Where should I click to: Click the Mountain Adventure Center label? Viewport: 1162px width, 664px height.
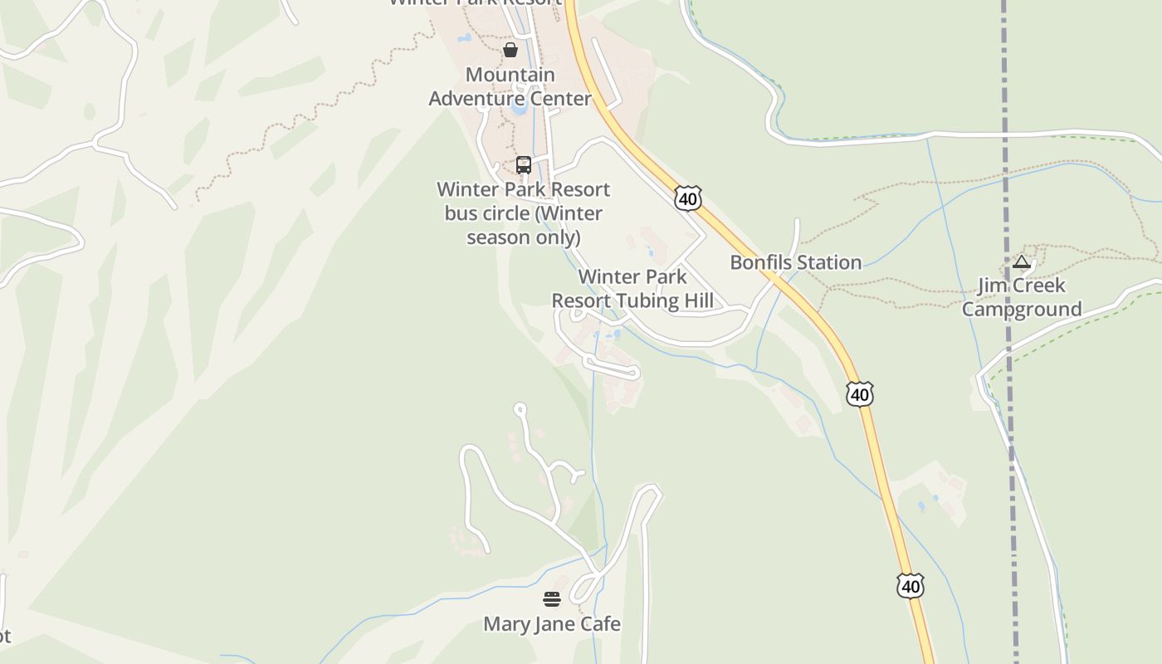click(x=510, y=86)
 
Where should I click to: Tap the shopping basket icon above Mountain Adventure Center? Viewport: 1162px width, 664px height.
click(x=510, y=50)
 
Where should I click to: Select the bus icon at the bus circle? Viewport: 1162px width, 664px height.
click(x=524, y=164)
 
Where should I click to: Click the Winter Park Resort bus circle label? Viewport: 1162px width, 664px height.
click(x=523, y=213)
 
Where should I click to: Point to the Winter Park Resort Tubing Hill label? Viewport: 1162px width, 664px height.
click(x=632, y=288)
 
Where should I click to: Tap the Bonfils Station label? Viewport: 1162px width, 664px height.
click(x=795, y=262)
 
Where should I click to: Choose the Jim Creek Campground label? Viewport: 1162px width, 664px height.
click(x=1021, y=297)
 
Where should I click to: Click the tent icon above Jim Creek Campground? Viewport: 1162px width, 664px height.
click(x=1022, y=262)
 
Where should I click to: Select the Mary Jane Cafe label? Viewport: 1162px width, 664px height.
click(x=552, y=623)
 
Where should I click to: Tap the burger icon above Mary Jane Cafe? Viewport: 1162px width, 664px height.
click(x=552, y=598)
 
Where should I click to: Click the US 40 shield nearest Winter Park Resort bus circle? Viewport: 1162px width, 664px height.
click(x=687, y=198)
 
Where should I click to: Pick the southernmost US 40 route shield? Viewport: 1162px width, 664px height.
click(x=911, y=586)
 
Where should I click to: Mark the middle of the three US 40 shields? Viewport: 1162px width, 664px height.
click(x=860, y=393)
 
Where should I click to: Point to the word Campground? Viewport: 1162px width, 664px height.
click(x=1021, y=309)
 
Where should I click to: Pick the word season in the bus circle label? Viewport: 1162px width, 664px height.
click(x=496, y=237)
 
